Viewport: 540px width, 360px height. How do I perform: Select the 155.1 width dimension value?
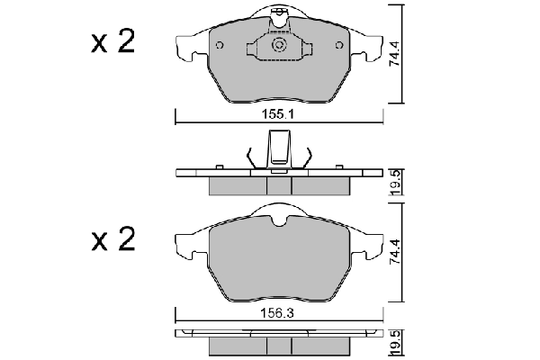[x=279, y=116]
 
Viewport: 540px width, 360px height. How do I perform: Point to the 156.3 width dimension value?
[x=279, y=314]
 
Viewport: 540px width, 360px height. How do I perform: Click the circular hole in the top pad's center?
[x=279, y=45]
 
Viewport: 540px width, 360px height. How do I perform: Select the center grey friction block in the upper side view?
[x=279, y=185]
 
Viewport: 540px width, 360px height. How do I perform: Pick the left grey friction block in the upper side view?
[x=238, y=185]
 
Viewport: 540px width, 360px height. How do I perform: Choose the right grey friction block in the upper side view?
[x=321, y=185]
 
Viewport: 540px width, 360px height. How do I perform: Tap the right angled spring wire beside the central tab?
[x=305, y=157]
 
